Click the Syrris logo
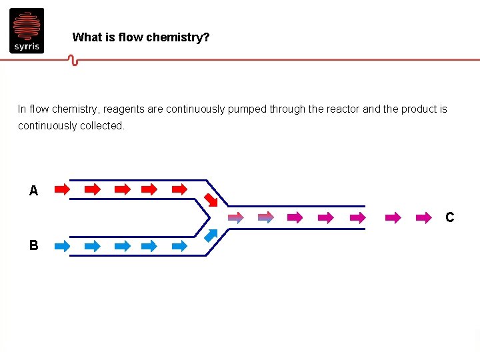click(27, 31)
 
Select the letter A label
click(33, 191)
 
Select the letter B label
click(33, 245)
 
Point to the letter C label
click(450, 217)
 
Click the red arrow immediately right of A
click(62, 189)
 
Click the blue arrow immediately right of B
click(62, 246)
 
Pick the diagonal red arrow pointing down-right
click(211, 199)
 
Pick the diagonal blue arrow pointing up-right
click(211, 235)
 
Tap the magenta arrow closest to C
click(423, 217)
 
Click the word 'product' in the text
click(417, 109)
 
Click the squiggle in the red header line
click(73, 61)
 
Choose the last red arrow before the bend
click(180, 189)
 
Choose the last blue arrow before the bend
click(180, 246)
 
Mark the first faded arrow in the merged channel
click(236, 217)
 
